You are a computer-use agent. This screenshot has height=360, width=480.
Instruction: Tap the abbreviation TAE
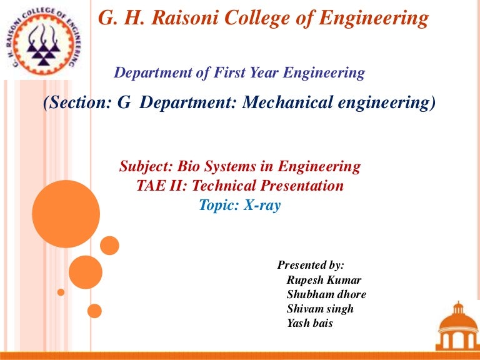[x=151, y=186]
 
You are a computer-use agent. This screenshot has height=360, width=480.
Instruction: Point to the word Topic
[x=217, y=205]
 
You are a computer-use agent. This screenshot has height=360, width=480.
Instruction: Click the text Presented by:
[x=311, y=265]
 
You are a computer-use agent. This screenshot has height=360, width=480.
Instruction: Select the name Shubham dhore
[x=326, y=294]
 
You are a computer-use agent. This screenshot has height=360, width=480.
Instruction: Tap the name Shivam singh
[x=320, y=309]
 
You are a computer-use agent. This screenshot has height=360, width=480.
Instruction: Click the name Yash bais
[x=310, y=323]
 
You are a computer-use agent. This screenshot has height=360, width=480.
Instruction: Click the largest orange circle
[x=66, y=214]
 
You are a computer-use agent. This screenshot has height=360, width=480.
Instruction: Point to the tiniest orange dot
[x=61, y=292]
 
